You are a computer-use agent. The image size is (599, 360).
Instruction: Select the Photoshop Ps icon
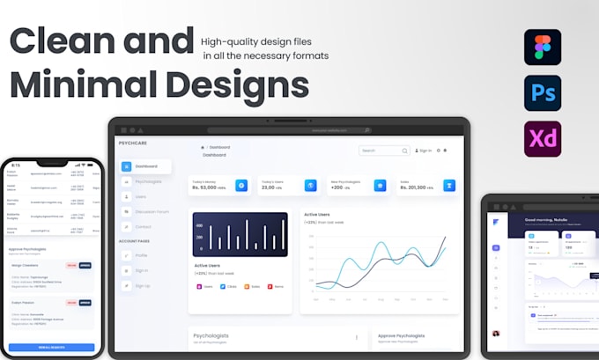point(542,92)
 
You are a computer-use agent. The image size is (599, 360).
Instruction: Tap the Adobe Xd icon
point(542,139)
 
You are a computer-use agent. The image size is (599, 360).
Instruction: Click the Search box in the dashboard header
point(383,151)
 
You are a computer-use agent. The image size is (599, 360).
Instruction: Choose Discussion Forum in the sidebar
point(152,212)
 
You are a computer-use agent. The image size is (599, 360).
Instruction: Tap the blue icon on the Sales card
point(449,186)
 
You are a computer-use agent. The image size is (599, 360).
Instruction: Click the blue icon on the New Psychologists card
point(380,186)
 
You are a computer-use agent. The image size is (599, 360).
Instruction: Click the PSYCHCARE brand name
point(133,142)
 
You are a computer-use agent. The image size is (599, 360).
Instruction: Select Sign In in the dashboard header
point(424,151)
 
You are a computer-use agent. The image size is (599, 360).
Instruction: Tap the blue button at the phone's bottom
point(52,348)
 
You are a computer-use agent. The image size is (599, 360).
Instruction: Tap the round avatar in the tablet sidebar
point(497,334)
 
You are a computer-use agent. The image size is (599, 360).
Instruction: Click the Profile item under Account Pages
point(142,255)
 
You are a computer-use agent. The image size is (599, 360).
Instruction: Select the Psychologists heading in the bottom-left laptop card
point(210,336)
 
